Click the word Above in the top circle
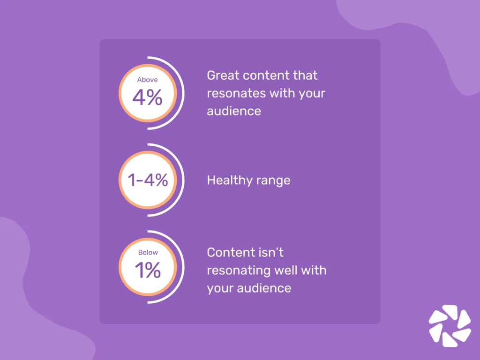[x=147, y=80]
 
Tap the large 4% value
[x=147, y=97]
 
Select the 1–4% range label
[x=148, y=180]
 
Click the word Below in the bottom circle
[x=148, y=253]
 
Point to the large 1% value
[x=148, y=270]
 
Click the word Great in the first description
[x=222, y=75]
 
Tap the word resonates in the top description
[x=236, y=93]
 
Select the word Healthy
[x=227, y=180]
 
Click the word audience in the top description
[x=234, y=111]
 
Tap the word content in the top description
[x=265, y=75]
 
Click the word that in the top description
[x=306, y=75]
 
